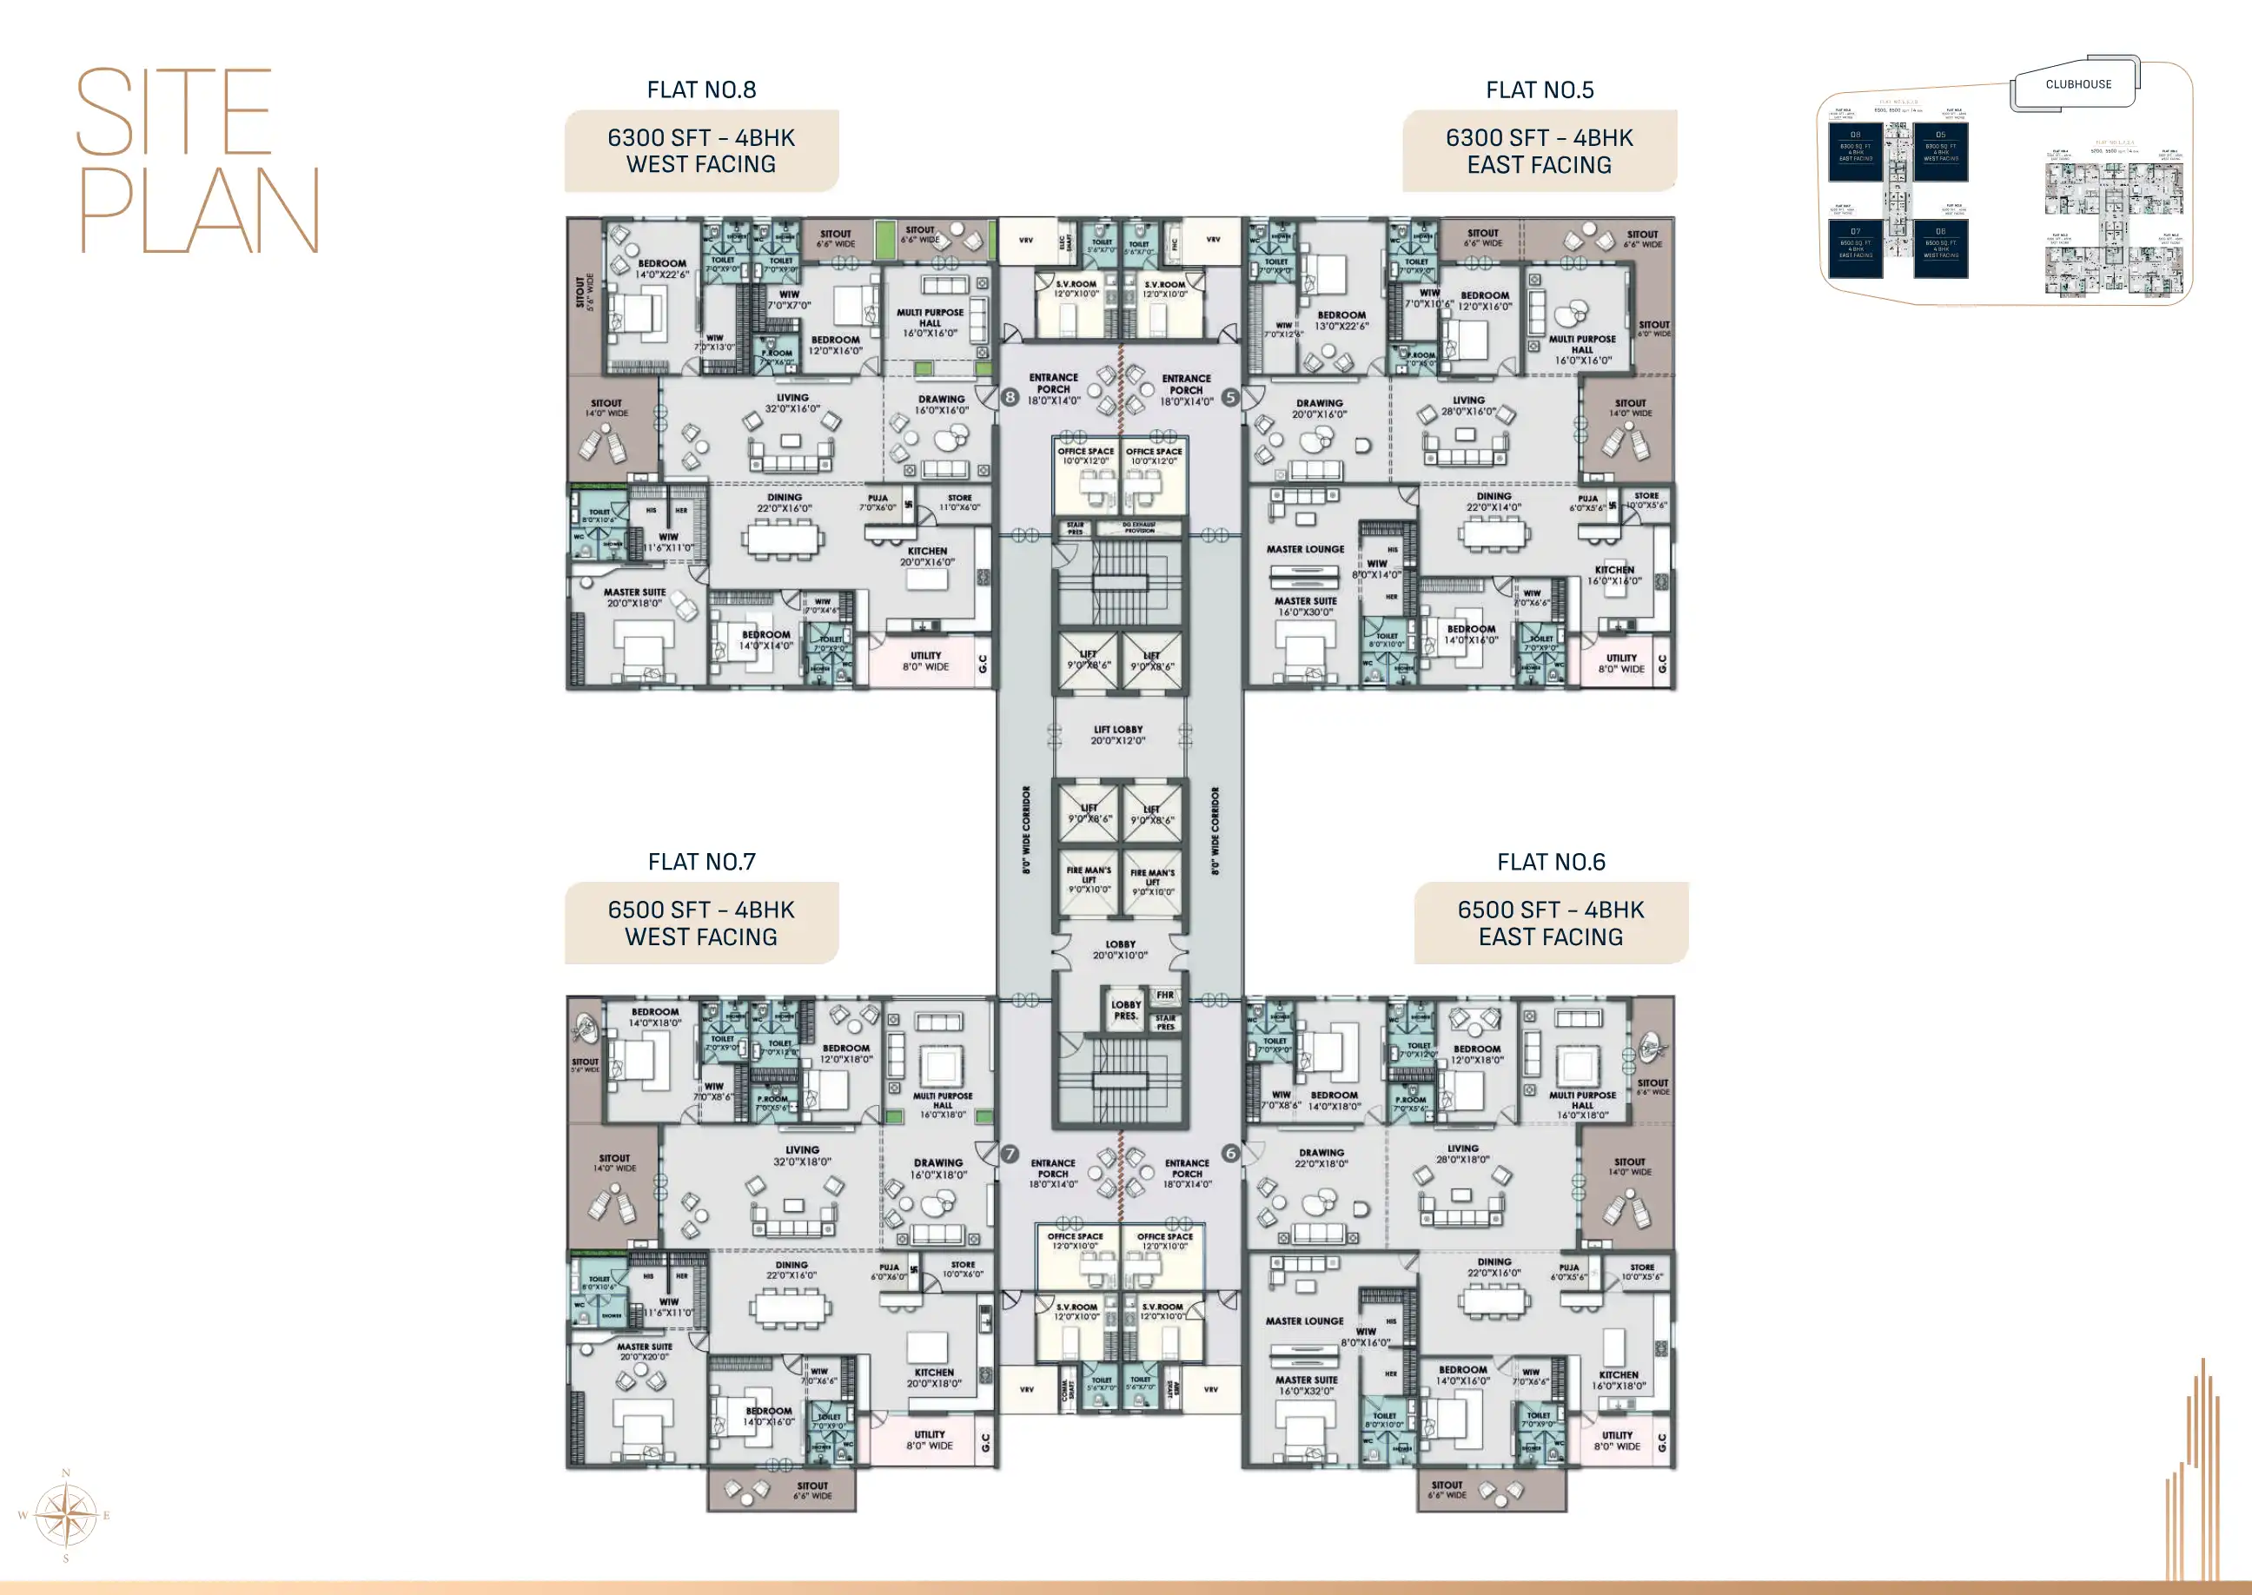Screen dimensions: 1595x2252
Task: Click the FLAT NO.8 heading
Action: [x=701, y=90]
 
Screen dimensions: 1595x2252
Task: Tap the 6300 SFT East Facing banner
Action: [x=1538, y=151]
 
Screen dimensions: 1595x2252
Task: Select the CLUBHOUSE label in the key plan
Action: [x=2077, y=84]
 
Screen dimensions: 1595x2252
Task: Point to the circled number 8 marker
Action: [x=1010, y=398]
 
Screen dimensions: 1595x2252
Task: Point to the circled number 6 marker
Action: [x=1229, y=1153]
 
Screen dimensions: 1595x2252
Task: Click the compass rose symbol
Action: [x=66, y=1515]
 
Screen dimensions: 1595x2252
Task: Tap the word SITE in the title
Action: [x=174, y=112]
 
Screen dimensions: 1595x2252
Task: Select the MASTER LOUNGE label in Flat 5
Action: [x=1304, y=549]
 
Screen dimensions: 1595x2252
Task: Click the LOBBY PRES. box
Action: [x=1125, y=1009]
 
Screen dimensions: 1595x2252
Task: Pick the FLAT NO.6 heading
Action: [x=1550, y=863]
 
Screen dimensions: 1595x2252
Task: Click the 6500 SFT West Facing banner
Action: [x=701, y=923]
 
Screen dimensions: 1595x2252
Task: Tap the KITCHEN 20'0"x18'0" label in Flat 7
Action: [x=933, y=1377]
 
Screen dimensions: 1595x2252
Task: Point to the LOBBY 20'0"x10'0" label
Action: [x=1120, y=949]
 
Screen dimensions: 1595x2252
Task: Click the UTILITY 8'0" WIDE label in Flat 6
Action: [x=1617, y=1439]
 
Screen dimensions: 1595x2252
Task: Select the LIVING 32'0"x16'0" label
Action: [x=792, y=403]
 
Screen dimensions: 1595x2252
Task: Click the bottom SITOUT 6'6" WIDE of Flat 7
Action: [x=812, y=1490]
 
